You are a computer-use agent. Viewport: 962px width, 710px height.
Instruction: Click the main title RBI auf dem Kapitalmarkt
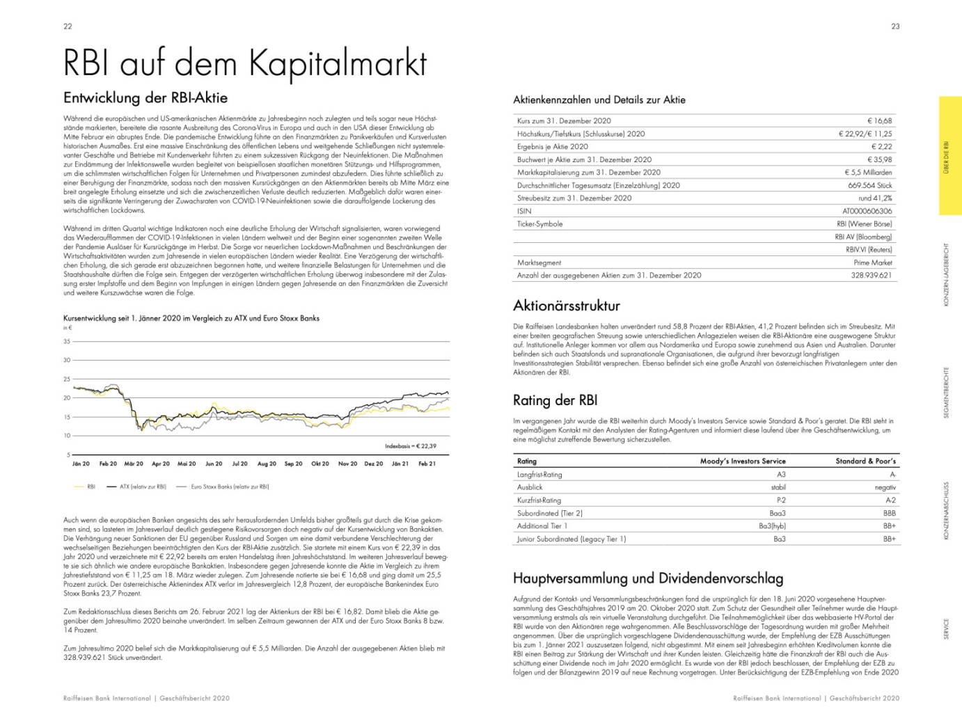pyautogui.click(x=245, y=63)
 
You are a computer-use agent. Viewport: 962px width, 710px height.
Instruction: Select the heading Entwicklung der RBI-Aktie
pyautogui.click(x=145, y=97)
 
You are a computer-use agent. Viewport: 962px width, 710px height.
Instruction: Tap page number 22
pyautogui.click(x=68, y=26)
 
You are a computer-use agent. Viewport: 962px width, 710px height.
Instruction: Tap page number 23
pyautogui.click(x=895, y=26)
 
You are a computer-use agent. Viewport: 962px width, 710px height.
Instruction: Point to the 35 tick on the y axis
pyautogui.click(x=67, y=341)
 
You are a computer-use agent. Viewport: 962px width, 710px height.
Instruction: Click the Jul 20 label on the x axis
pyautogui.click(x=239, y=464)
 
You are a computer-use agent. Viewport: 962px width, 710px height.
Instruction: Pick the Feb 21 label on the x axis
pyautogui.click(x=427, y=464)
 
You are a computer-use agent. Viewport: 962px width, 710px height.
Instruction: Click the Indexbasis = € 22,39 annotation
pyautogui.click(x=410, y=446)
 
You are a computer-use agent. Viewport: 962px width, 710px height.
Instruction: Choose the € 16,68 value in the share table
pyautogui.click(x=879, y=121)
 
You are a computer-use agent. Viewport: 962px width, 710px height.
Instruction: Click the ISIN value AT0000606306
pyautogui.click(x=867, y=211)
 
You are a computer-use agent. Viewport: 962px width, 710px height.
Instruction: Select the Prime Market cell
pyautogui.click(x=872, y=262)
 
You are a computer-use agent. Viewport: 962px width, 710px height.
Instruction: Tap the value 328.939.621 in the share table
pyautogui.click(x=871, y=276)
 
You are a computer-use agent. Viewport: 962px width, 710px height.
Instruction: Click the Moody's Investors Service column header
pyautogui.click(x=743, y=461)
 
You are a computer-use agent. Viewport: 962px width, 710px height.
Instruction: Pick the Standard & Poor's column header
pyautogui.click(x=865, y=461)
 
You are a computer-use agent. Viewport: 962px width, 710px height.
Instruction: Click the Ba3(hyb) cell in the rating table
pyautogui.click(x=772, y=526)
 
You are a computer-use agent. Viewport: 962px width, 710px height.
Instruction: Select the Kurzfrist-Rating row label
pyautogui.click(x=539, y=500)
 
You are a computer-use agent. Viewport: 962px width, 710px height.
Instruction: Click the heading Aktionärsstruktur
pyautogui.click(x=566, y=306)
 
